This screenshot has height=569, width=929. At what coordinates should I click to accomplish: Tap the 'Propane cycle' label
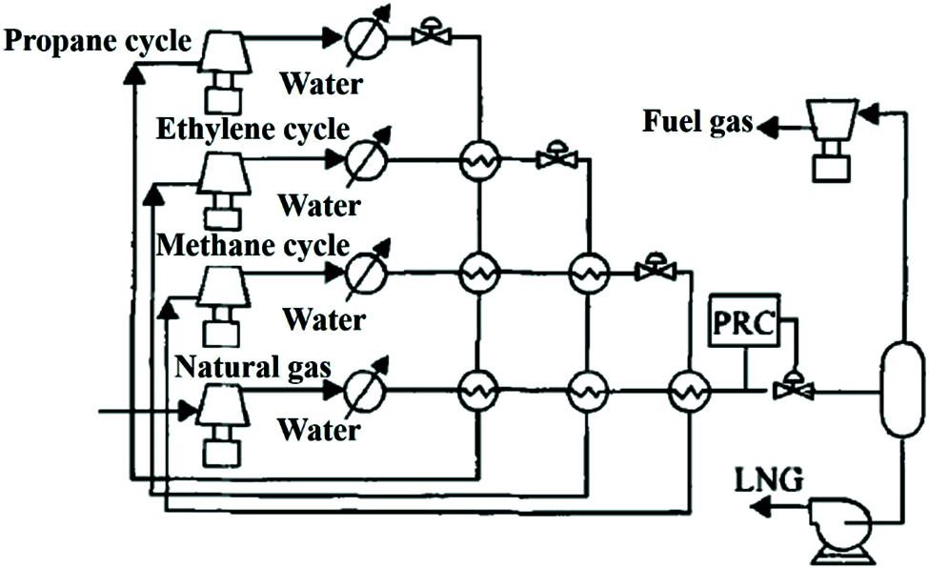click(97, 41)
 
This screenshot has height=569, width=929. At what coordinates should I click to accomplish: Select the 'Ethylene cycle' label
click(254, 128)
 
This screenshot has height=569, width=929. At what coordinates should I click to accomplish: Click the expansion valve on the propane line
click(431, 35)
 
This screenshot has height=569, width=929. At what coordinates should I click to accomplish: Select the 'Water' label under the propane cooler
click(319, 84)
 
